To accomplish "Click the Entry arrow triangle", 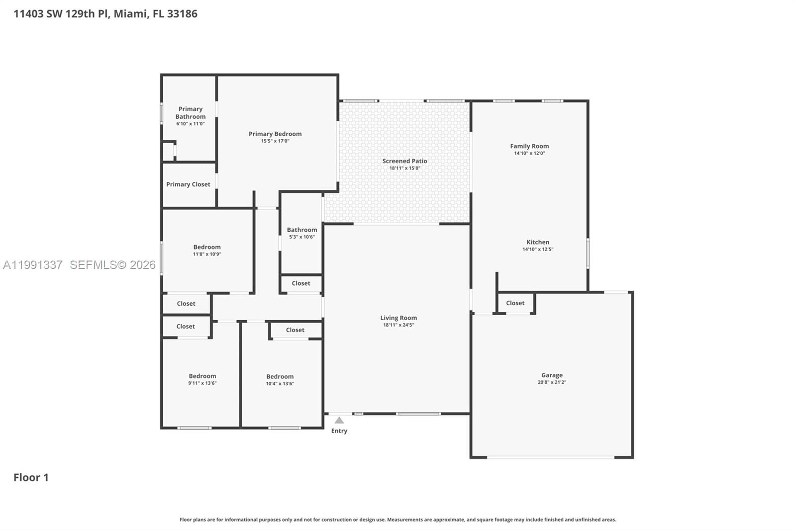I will [339, 420].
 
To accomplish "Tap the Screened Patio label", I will [404, 161].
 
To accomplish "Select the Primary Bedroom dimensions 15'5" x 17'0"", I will [275, 141].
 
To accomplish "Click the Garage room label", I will [552, 375].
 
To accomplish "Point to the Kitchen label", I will [538, 242].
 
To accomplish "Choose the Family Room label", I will [529, 146].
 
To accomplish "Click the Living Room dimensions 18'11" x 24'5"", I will [398, 325].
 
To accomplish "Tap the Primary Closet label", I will [188, 184].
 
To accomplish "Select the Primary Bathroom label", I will [191, 113].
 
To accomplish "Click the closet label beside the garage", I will [515, 303].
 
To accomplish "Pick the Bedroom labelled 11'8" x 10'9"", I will [207, 247].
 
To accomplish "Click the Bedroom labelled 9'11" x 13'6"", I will [202, 376].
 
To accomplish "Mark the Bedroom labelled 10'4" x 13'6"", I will [280, 377].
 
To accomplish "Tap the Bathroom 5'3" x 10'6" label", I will [301, 230].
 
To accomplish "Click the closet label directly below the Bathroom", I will [300, 283].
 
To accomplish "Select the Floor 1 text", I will [31, 478].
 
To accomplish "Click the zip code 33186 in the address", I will [182, 14].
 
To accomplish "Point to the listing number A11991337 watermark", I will [33, 265].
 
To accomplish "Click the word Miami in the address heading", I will [130, 14].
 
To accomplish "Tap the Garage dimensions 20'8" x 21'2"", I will [552, 382].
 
